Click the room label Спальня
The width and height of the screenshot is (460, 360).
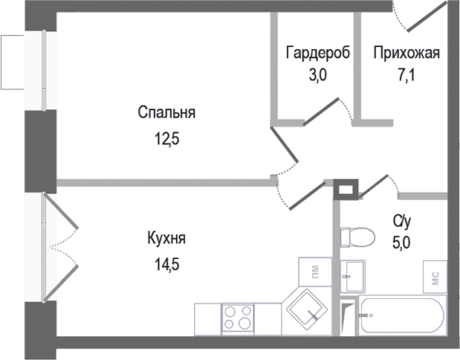[x=166, y=113]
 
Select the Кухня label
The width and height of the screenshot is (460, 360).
[x=166, y=239]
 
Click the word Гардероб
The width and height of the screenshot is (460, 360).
[x=314, y=53]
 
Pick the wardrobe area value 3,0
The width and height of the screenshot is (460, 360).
[x=314, y=74]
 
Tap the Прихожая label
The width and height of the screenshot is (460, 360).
[x=406, y=53]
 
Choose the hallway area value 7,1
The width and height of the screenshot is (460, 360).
[x=406, y=74]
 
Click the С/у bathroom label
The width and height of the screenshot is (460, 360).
[x=402, y=221]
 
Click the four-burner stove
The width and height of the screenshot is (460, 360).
[x=239, y=318]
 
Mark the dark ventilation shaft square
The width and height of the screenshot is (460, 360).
[x=346, y=190]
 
